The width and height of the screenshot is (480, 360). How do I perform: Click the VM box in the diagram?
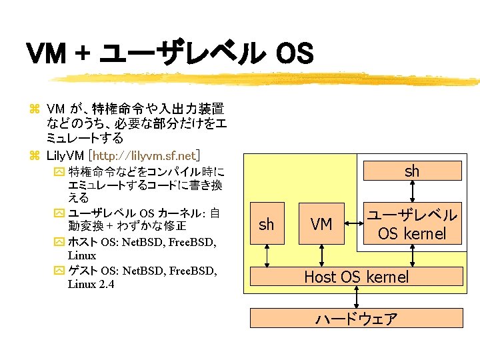(321, 225)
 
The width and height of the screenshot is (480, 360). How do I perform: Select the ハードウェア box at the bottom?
(356, 318)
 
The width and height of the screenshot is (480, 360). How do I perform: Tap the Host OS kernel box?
(356, 277)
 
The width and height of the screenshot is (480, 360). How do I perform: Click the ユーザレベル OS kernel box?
(412, 225)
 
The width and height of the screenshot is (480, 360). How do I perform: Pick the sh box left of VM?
(266, 225)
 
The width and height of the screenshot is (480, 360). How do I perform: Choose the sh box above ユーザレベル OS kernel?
(412, 171)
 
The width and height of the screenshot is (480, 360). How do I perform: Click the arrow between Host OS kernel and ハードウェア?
(356, 297)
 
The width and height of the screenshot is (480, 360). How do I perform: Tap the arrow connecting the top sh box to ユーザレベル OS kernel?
(413, 191)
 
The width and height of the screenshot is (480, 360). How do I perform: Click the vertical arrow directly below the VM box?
(321, 256)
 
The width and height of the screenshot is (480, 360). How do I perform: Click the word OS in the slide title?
(294, 54)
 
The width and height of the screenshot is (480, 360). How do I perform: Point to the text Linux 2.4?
(91, 285)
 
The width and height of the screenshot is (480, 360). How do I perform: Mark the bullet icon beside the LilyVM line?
(35, 156)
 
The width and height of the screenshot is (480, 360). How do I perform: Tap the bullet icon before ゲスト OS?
(58, 271)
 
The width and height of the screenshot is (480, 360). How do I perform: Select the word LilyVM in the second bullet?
(61, 156)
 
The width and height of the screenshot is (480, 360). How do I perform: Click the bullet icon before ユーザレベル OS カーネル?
(58, 213)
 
